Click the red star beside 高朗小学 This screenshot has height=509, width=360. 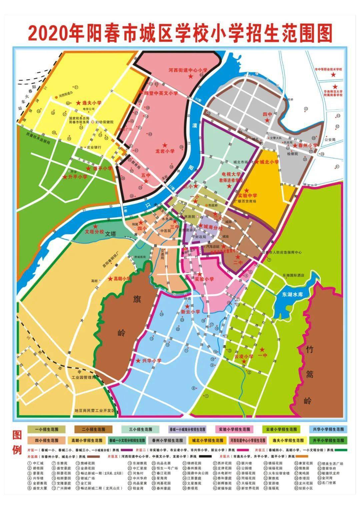tap(110, 279)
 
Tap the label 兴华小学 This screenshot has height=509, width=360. tap(152, 360)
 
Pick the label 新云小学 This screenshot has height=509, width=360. tap(191, 312)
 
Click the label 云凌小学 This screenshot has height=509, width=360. tap(244, 356)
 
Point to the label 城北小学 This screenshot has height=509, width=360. tap(269, 162)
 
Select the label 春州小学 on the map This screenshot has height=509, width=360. tap(308, 146)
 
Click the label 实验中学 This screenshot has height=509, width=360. tap(248, 196)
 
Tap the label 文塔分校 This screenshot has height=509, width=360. tap(95, 232)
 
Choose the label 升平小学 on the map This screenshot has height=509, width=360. tap(78, 177)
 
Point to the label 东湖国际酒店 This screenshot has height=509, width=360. tap(293, 276)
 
